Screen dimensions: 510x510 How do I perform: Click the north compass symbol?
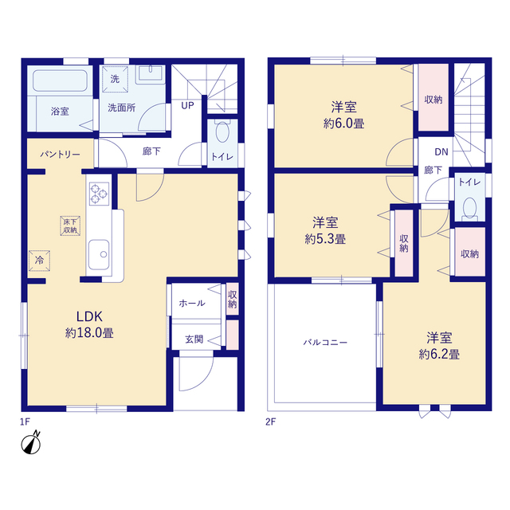tap(31, 443)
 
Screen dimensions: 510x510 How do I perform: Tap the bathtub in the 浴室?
tap(61, 80)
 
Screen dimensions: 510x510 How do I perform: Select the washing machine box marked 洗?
tap(115, 79)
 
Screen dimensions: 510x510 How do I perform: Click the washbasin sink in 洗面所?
tap(151, 74)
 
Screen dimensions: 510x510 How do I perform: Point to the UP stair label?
tap(187, 105)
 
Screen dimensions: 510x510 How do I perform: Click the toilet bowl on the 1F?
tap(222, 131)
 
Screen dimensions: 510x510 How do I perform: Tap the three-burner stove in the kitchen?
tap(99, 194)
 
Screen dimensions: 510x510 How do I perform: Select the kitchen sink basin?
tap(99, 255)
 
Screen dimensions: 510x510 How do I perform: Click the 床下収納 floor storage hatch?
tap(70, 226)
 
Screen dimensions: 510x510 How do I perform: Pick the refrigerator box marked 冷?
tap(39, 261)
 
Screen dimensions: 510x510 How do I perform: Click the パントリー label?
tap(61, 154)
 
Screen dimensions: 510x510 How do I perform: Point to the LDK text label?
tap(89, 316)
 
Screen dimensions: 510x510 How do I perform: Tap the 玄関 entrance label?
tap(194, 339)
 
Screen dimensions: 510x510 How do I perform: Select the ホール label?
tap(192, 303)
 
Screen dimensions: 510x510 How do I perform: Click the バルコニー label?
tap(325, 342)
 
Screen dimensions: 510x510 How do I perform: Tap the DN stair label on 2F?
tap(441, 151)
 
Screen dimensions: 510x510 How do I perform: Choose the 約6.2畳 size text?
tap(439, 354)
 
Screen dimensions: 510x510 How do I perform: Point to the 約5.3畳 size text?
tap(325, 239)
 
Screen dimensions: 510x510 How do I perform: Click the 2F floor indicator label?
tap(270, 422)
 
